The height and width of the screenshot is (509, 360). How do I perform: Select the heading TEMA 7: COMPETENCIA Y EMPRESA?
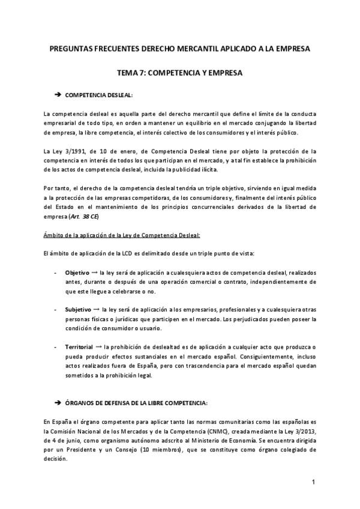pos(180,73)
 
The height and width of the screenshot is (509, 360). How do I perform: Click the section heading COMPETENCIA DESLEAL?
pos(99,95)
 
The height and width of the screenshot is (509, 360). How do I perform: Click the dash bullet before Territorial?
pos(56,347)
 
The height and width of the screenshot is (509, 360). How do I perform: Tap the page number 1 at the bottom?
pos(313,483)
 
